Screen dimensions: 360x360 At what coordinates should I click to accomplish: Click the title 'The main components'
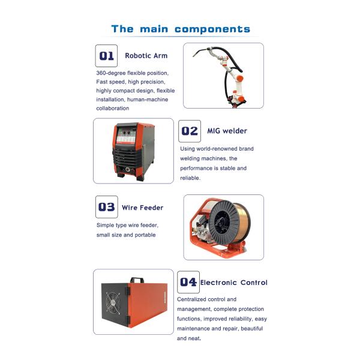point(181,29)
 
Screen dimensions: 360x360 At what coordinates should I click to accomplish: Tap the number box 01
point(106,56)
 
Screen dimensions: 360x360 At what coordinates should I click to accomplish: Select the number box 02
point(190,131)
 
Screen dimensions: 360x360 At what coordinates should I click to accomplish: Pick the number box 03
point(107,207)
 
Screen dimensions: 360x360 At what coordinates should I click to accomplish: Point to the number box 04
point(188,282)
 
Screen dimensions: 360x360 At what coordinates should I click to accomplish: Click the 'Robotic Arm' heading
point(146,56)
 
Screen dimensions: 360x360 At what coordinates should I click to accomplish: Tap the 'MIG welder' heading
point(227,131)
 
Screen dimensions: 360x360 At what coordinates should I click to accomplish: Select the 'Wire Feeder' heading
point(142,208)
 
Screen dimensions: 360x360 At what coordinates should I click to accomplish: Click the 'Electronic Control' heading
point(234,283)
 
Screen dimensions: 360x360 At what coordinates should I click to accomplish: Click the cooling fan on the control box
point(113,303)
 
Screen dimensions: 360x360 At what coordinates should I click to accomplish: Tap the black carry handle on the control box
point(137,280)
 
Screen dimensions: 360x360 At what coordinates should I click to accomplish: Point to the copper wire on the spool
point(244,222)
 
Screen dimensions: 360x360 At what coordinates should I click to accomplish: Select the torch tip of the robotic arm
point(194,55)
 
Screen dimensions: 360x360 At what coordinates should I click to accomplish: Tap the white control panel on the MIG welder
point(125,139)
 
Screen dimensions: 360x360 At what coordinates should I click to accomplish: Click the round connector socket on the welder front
point(128,170)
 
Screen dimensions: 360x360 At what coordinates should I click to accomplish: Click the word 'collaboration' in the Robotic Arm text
point(113,109)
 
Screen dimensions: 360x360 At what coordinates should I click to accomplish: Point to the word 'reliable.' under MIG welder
point(190,178)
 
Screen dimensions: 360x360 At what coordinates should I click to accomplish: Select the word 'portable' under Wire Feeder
point(145,235)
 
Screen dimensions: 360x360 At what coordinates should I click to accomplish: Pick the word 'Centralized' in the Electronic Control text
point(192,299)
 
